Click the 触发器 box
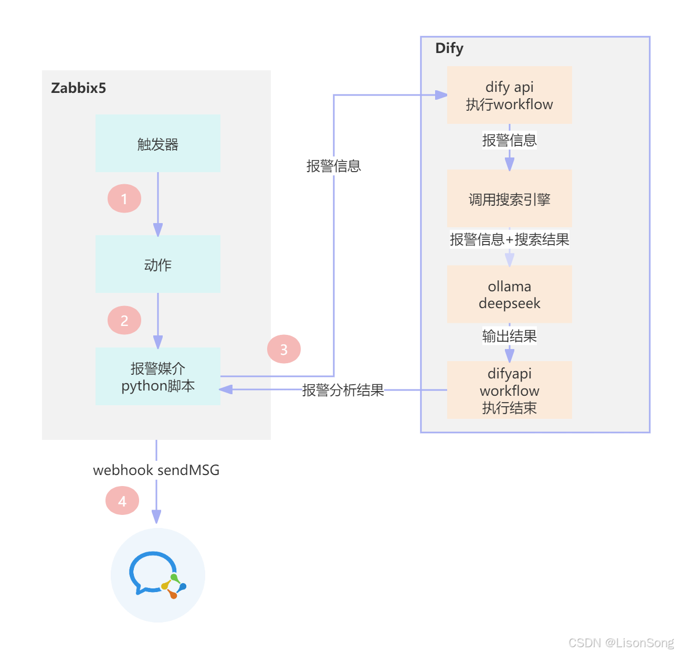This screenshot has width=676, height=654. click(157, 143)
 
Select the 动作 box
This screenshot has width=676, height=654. click(157, 264)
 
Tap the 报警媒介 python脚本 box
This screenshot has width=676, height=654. click(157, 376)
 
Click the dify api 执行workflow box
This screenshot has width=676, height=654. click(509, 95)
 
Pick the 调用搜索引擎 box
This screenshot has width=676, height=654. click(509, 199)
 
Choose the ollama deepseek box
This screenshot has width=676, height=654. click(509, 294)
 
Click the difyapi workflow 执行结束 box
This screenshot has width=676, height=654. click(509, 390)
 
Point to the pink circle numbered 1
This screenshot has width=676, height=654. click(124, 198)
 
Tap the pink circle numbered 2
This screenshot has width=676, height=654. click(124, 320)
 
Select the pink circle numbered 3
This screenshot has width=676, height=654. click(284, 349)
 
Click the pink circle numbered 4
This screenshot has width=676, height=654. click(122, 501)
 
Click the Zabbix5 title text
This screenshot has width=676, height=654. click(79, 88)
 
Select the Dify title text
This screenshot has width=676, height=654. click(449, 48)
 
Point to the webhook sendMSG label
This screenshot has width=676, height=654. click(156, 470)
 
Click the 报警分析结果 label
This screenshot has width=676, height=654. click(343, 390)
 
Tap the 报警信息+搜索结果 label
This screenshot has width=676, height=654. click(509, 239)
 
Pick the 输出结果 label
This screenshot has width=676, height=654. click(509, 336)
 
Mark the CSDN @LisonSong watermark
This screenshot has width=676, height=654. click(620, 642)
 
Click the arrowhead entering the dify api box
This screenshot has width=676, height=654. click(441, 95)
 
